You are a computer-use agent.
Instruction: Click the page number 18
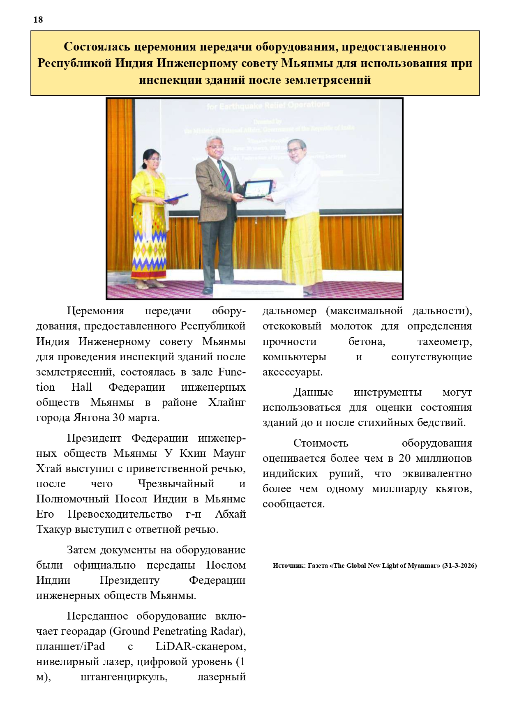tap(38, 20)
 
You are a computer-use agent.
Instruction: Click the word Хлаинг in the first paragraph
tap(226, 402)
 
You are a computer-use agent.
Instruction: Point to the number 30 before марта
tap(119, 417)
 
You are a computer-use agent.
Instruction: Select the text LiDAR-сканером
tap(201, 646)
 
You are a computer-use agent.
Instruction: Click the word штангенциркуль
tap(124, 677)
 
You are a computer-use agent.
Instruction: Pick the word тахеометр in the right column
tap(444, 341)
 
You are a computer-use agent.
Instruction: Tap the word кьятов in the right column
tap(454, 488)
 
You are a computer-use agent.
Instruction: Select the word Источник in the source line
tap(288, 566)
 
